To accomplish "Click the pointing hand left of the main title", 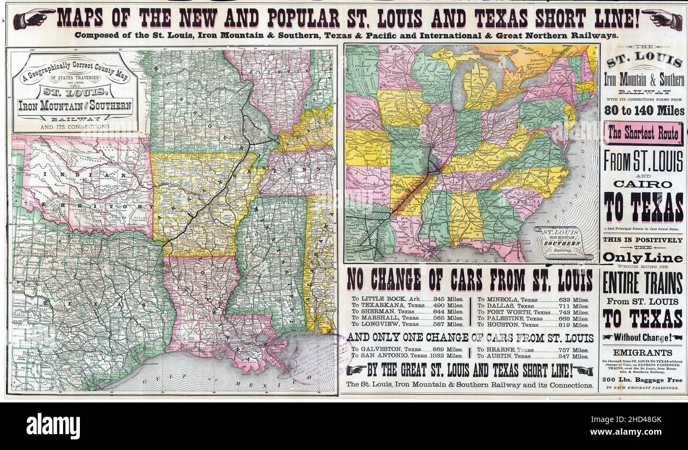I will pyautogui.click(x=33, y=19).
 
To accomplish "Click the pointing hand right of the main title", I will pyautogui.click(x=662, y=20).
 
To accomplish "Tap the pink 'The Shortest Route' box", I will pyautogui.click(x=643, y=134).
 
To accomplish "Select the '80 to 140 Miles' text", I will pyautogui.click(x=644, y=111).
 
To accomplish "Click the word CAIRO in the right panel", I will pyautogui.click(x=644, y=184).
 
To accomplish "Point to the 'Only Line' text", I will pyautogui.click(x=643, y=258).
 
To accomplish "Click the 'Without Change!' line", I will pyautogui.click(x=643, y=337).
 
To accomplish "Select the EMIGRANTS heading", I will pyautogui.click(x=642, y=353).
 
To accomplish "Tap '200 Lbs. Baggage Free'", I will pyautogui.click(x=642, y=380).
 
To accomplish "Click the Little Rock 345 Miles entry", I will pyautogui.click(x=407, y=299).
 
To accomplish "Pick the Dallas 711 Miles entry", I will pyautogui.click(x=533, y=306).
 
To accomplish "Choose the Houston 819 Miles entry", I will pyautogui.click(x=533, y=325).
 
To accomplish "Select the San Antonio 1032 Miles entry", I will pyautogui.click(x=407, y=356).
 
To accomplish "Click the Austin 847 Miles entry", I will pyautogui.click(x=533, y=356).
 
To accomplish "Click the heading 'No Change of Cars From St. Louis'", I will pyautogui.click(x=469, y=280).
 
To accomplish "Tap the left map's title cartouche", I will pyautogui.click(x=75, y=93).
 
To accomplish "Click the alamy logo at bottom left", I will pyautogui.click(x=53, y=426).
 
